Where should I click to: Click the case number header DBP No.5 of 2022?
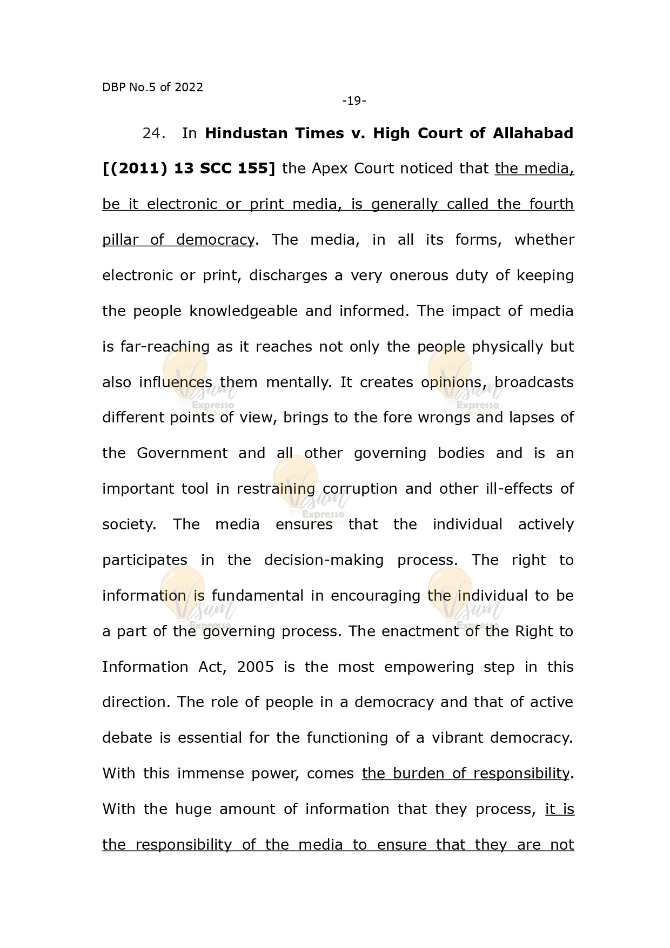coord(152,88)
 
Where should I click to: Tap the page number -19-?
coord(354,101)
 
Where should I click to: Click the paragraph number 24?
coord(154,133)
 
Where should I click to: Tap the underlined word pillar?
coord(120,240)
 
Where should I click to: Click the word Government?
coord(182,453)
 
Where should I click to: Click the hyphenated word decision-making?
coord(324,560)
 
